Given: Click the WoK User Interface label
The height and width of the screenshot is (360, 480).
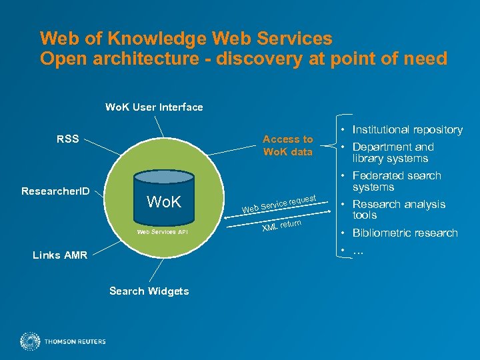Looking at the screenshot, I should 154,107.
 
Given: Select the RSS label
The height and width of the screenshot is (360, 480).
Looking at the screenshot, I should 68,139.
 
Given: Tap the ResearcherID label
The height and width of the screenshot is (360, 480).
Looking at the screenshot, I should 55,191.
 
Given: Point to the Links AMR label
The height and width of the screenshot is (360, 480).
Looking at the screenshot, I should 60,255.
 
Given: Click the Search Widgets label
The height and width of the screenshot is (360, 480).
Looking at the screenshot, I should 149,291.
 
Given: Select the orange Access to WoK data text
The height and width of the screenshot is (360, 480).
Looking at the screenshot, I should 287,145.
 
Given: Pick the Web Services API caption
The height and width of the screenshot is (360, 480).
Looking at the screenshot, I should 163,232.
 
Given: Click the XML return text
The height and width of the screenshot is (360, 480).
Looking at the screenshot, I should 282,226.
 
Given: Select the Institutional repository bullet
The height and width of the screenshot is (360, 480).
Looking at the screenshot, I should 407,129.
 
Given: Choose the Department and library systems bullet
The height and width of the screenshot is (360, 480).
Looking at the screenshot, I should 393,153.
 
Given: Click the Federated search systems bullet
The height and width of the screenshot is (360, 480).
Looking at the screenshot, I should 397,181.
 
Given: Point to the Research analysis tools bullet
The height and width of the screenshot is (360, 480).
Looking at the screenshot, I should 398,209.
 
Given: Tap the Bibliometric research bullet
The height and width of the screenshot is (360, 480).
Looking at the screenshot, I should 405,233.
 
